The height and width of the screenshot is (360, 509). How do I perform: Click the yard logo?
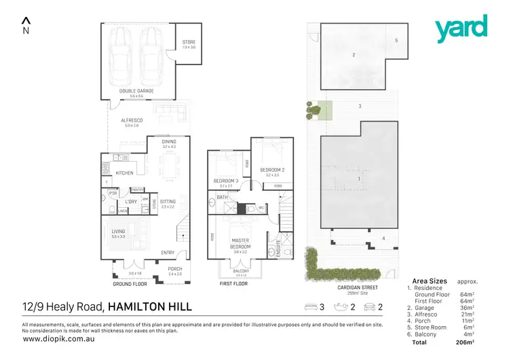coord(461,29)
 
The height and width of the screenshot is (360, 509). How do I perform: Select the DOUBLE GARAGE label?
coord(136,90)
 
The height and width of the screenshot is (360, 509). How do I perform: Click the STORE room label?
coord(188,43)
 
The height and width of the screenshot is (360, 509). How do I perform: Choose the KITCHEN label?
coord(124,173)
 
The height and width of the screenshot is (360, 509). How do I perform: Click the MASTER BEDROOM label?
coord(240,243)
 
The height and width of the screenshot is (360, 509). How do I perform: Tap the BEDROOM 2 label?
coord(272,170)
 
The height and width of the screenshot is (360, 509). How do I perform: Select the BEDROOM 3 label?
coord(226,181)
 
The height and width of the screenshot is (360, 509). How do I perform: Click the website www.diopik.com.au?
coord(54,338)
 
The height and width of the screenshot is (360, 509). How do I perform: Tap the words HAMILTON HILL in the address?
coord(150,307)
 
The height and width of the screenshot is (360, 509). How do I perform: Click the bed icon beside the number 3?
coord(312,307)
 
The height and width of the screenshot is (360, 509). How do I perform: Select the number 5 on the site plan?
coord(396,41)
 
